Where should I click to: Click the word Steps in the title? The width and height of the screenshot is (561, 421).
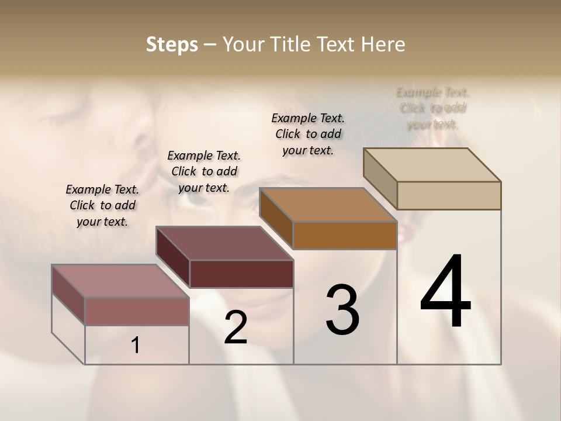172,44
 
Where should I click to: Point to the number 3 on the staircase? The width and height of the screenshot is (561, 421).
342,310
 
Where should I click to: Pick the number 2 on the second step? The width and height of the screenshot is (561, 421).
236,327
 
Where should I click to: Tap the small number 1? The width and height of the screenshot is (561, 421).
136,346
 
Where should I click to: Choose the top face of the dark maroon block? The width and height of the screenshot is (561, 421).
224,243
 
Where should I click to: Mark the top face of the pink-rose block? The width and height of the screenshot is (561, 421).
120,281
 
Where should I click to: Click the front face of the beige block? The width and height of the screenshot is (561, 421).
449,195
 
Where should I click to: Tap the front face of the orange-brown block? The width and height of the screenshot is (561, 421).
345,235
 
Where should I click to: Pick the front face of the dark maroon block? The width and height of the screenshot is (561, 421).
241,274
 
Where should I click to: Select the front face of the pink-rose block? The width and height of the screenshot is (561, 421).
137,311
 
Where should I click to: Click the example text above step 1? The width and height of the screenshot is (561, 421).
102,205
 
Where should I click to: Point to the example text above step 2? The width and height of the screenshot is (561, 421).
204,171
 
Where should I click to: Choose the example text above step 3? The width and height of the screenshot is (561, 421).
308,134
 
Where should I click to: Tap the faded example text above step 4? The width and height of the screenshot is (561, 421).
433,108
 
